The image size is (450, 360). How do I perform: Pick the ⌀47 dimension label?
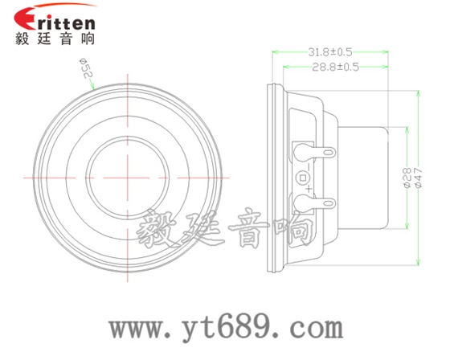pyautogui.click(x=419, y=178)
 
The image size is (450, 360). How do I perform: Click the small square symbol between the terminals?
pyautogui.click(x=303, y=177)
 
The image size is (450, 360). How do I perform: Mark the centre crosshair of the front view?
pyautogui.click(x=129, y=175)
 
